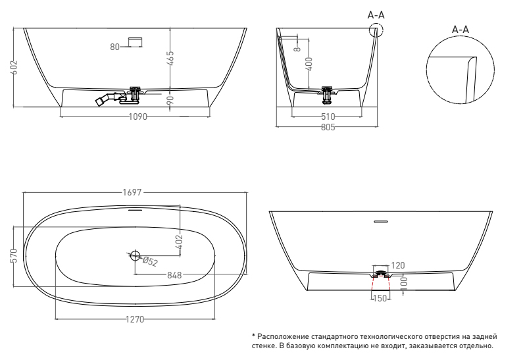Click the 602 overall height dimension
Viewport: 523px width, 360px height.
14,67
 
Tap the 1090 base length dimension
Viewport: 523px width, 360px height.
137,116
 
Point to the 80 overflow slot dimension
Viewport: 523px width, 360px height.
114,47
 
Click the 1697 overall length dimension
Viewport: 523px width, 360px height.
132,193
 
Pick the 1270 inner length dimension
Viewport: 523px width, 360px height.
135,319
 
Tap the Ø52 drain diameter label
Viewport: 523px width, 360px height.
150,261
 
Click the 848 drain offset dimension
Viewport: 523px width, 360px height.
174,275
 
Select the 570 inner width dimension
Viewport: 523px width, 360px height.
14,256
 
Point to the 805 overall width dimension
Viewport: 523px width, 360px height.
328,127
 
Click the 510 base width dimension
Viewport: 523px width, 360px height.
328,116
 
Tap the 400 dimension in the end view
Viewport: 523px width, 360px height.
309,64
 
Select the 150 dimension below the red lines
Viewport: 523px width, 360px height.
380,298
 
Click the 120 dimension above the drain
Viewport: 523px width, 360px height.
397,266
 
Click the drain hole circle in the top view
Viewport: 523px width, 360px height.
135,256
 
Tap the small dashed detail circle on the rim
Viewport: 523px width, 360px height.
376,30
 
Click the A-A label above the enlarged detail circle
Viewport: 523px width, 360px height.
461,30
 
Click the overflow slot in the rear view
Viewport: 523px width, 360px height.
381,221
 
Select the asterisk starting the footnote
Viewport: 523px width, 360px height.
254,336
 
